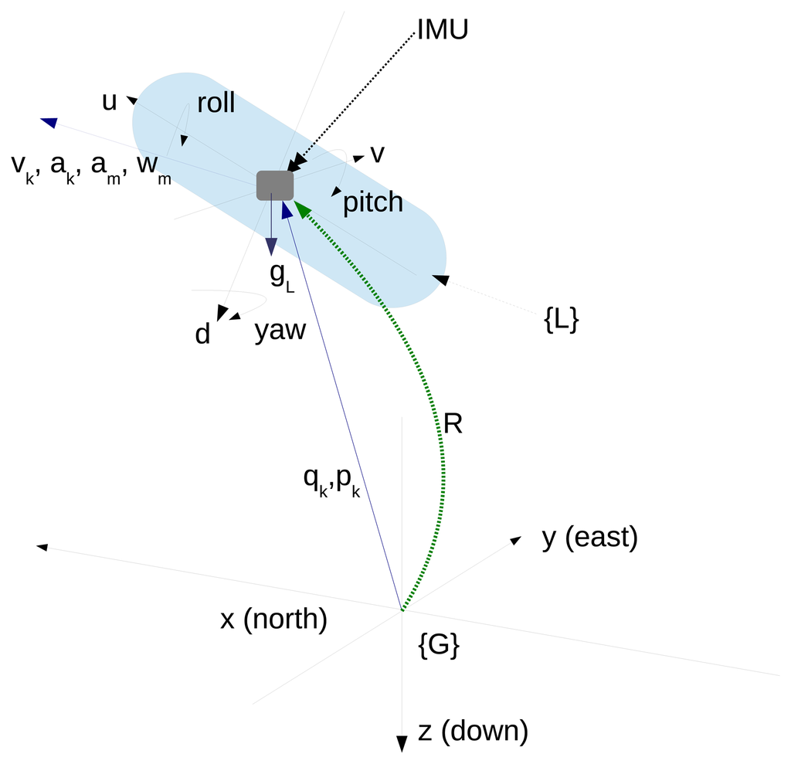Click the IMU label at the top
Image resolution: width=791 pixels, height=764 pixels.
[x=443, y=29]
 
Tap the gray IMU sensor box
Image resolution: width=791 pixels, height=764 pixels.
[x=275, y=185]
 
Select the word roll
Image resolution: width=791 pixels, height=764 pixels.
[x=216, y=104]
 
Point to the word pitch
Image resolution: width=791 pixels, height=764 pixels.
[x=373, y=202]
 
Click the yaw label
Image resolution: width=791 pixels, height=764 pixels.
[x=280, y=331]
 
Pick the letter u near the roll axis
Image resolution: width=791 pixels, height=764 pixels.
[x=110, y=102]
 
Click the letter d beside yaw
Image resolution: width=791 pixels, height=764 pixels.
[x=202, y=334]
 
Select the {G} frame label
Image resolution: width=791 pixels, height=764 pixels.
[x=439, y=646]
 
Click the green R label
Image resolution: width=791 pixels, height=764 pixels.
[x=453, y=424]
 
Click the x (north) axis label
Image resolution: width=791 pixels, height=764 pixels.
[x=273, y=620]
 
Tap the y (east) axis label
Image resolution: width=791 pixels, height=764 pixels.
[x=589, y=538]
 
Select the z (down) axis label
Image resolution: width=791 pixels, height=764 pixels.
[x=473, y=731]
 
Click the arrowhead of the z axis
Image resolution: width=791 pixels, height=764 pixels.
[x=402, y=744]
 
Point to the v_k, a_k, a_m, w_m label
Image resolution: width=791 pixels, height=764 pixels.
[x=91, y=165]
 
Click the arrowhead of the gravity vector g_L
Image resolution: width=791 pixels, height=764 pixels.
[x=271, y=246]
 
